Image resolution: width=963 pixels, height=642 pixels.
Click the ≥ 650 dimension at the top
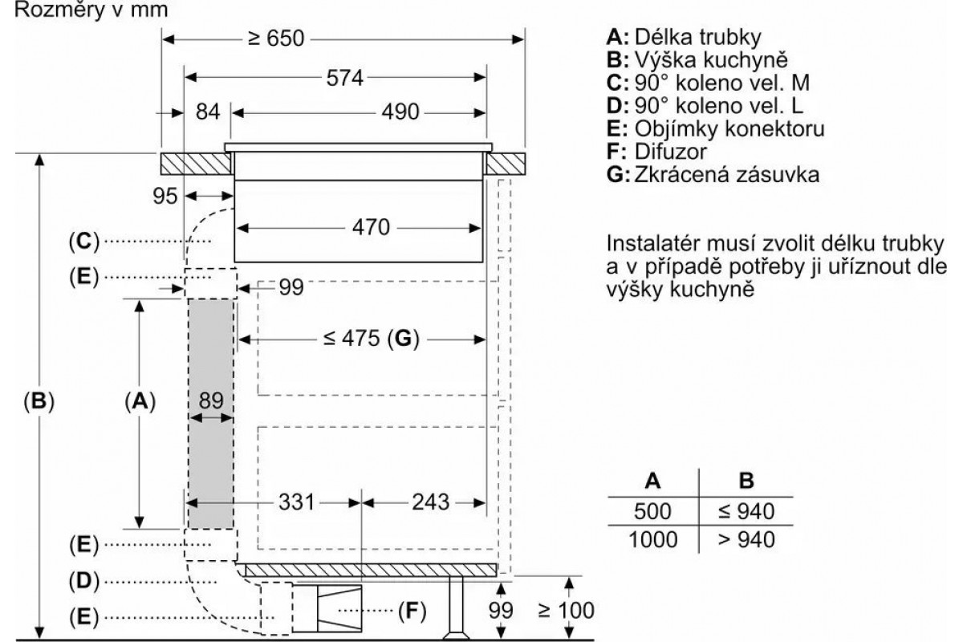[x=276, y=39]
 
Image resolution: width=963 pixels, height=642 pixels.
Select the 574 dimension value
[x=345, y=79]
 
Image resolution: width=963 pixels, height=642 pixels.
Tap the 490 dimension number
[x=400, y=112]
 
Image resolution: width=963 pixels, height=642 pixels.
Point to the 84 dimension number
[x=208, y=112]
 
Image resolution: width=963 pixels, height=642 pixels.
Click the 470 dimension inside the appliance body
[x=371, y=227]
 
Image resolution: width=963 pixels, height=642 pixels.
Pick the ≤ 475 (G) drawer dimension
[x=372, y=339]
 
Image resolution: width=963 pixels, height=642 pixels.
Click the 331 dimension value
[x=297, y=502]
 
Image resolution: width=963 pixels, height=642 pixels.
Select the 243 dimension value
[x=431, y=502]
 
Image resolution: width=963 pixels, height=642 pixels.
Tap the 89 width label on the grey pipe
[x=211, y=400]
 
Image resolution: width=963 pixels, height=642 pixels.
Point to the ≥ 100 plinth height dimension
[x=567, y=610]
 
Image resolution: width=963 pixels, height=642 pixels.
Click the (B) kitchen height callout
[x=39, y=401]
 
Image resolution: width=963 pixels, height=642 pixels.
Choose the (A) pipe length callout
[x=140, y=401]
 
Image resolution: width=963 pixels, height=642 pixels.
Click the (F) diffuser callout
[x=412, y=610]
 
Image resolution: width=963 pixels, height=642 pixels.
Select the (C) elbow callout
[x=84, y=241]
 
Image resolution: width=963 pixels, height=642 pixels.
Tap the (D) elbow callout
[x=84, y=580]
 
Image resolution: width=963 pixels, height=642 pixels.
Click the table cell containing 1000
[x=653, y=539]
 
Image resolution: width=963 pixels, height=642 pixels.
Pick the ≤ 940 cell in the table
[x=746, y=511]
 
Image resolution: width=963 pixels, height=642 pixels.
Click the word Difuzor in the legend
[x=670, y=152]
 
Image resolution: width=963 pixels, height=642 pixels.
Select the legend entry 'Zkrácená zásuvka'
[x=726, y=175]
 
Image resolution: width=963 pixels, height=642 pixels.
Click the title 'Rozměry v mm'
[x=91, y=10]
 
